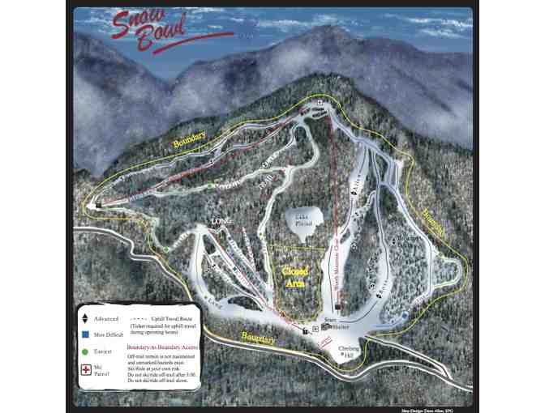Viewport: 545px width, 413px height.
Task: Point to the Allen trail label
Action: coord(355,188)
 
